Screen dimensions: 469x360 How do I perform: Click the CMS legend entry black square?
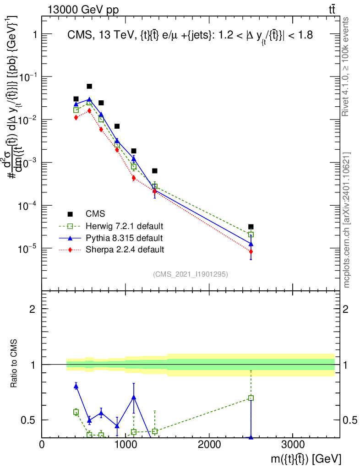click(70, 214)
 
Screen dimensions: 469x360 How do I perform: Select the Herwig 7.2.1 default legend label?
click(125, 226)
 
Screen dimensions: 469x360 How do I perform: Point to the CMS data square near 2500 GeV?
click(251, 227)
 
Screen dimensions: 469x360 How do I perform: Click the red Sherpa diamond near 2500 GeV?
click(251, 251)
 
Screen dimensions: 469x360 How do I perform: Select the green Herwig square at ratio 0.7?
click(251, 398)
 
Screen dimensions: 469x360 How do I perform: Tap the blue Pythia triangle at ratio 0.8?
click(76, 387)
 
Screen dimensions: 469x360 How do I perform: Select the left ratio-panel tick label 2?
click(33, 309)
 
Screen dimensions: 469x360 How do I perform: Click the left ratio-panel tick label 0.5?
click(28, 420)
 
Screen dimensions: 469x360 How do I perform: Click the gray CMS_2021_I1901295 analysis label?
click(191, 274)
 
